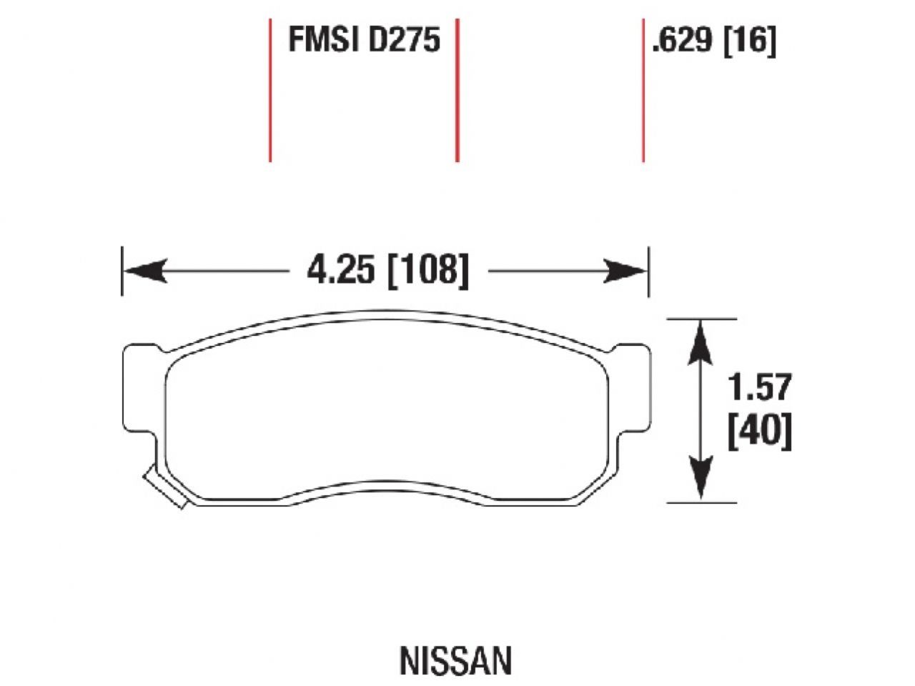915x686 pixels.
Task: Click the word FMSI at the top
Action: [325, 40]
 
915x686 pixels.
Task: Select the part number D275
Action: [404, 40]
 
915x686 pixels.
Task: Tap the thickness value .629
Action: [682, 41]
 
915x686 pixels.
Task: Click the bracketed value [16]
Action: [750, 41]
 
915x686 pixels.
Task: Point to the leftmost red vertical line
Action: [270, 90]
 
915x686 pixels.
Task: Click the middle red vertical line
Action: [457, 90]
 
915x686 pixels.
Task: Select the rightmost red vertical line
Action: [643, 90]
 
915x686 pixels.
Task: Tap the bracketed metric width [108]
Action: [427, 272]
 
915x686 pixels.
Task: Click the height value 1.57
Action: [760, 387]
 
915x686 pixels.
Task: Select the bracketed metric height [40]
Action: [760, 432]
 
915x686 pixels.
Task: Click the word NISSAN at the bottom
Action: [455, 661]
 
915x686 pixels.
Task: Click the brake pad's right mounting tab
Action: [633, 389]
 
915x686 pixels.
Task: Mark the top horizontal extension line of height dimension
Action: [701, 319]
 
